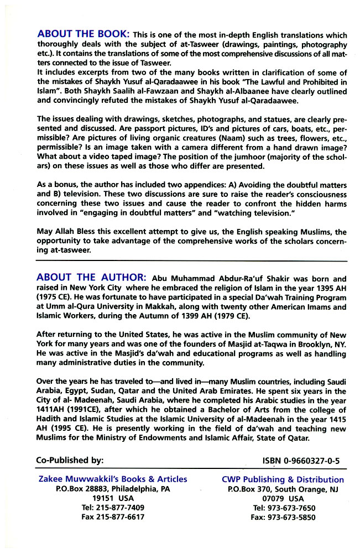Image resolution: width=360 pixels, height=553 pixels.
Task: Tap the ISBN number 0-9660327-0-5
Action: pyautogui.click(x=301, y=460)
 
